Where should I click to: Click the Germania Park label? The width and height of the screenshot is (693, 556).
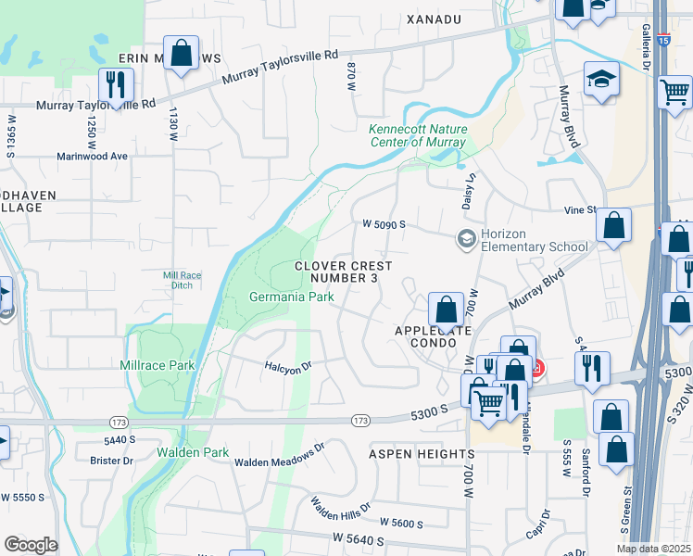point(291,297)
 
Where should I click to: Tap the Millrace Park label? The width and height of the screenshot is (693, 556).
point(157,365)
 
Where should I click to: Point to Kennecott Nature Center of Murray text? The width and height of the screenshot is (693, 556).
point(418,135)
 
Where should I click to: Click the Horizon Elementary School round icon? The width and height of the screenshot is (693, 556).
point(466,239)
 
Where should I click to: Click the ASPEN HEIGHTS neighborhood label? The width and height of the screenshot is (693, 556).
point(422,454)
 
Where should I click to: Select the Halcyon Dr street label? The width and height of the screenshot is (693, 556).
point(288,368)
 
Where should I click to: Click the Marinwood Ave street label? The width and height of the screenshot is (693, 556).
point(91,157)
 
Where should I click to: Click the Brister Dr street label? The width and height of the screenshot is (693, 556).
point(112,461)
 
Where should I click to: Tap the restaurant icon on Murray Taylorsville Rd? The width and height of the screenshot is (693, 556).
point(116,84)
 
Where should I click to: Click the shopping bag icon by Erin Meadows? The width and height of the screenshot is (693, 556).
point(183,53)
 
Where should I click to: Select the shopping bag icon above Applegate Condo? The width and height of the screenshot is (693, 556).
point(446,310)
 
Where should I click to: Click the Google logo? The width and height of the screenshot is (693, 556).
point(31,544)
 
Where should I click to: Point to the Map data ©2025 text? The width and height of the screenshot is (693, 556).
point(653,549)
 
